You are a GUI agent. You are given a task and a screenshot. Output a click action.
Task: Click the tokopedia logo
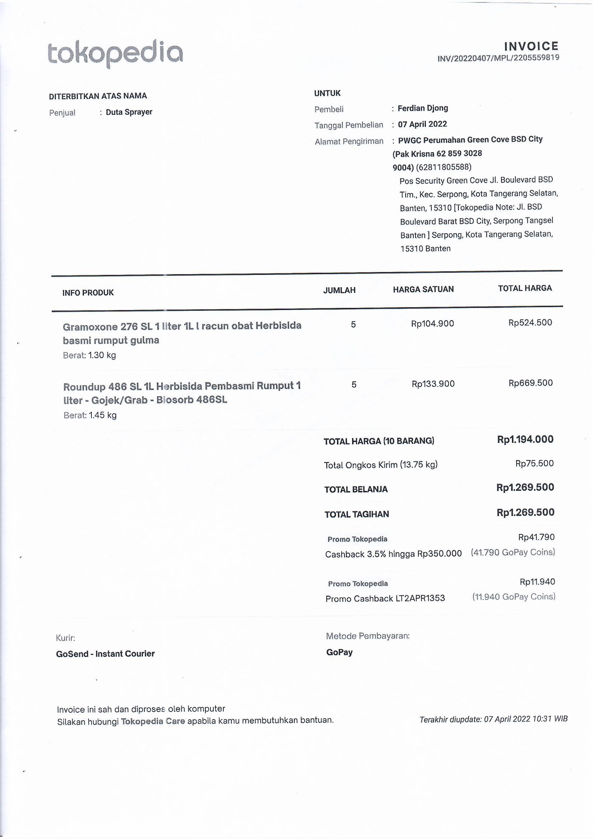[115, 53]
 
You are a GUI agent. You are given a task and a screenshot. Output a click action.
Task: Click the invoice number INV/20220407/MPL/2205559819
[498, 58]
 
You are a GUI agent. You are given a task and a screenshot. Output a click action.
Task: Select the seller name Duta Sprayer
[129, 112]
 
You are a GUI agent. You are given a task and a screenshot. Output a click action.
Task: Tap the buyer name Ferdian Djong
[422, 108]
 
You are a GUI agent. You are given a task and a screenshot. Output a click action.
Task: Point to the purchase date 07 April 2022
[422, 124]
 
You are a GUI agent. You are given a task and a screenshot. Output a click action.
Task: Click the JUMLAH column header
[339, 291]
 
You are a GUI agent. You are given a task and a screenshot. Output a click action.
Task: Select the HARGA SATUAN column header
[423, 289]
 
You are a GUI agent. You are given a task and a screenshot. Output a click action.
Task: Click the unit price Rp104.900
[432, 324]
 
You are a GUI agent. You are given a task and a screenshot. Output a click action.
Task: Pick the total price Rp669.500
[530, 383]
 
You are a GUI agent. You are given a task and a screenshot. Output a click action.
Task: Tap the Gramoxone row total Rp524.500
[530, 323]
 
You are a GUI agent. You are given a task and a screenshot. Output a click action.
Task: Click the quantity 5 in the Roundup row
[354, 384]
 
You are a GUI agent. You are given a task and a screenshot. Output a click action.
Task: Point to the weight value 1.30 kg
[102, 355]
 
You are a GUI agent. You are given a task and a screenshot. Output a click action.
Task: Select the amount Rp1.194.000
[525, 439]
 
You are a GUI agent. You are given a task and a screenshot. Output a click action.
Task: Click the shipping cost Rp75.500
[534, 463]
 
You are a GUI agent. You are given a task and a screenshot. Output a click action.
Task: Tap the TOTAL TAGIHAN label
[356, 515]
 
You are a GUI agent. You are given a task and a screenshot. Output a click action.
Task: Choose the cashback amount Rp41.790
[536, 537]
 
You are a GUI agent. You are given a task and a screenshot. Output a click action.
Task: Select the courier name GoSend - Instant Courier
[105, 654]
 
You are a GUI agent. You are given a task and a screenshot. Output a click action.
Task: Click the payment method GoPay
[339, 652]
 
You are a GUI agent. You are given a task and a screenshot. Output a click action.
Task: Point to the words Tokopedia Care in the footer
[153, 721]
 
